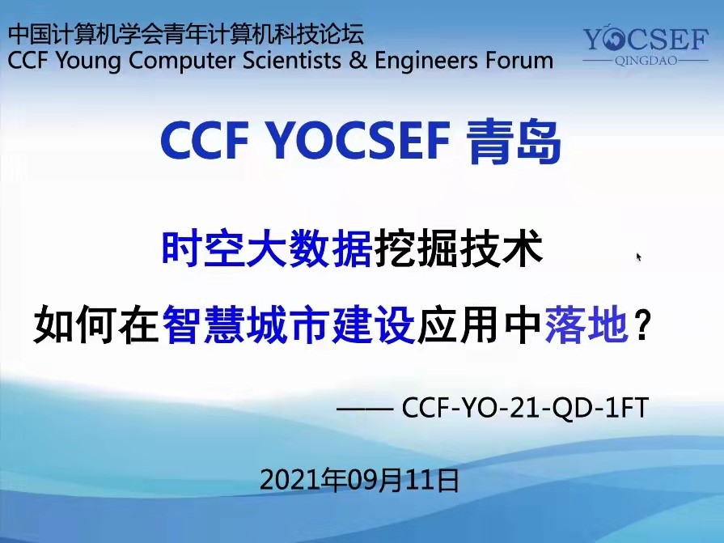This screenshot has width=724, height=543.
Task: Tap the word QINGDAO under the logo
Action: coord(646,61)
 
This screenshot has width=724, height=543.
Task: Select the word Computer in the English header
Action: coord(180,61)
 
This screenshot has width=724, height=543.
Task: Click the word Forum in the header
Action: coord(520,61)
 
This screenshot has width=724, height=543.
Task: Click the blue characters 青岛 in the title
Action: coord(514,141)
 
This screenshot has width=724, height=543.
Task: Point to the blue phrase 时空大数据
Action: coord(267,249)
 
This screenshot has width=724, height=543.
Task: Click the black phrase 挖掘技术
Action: coord(459,249)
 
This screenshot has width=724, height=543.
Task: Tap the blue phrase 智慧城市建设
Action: coord(288,325)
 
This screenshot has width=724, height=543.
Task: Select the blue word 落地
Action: coord(586,325)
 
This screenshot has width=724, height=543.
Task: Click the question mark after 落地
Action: coord(641,325)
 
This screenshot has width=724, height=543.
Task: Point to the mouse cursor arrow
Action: coord(639,257)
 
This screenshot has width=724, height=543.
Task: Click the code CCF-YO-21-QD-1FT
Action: coord(526,407)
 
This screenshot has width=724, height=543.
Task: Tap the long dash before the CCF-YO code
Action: coord(365,409)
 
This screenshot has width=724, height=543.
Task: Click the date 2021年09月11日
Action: coord(359,480)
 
